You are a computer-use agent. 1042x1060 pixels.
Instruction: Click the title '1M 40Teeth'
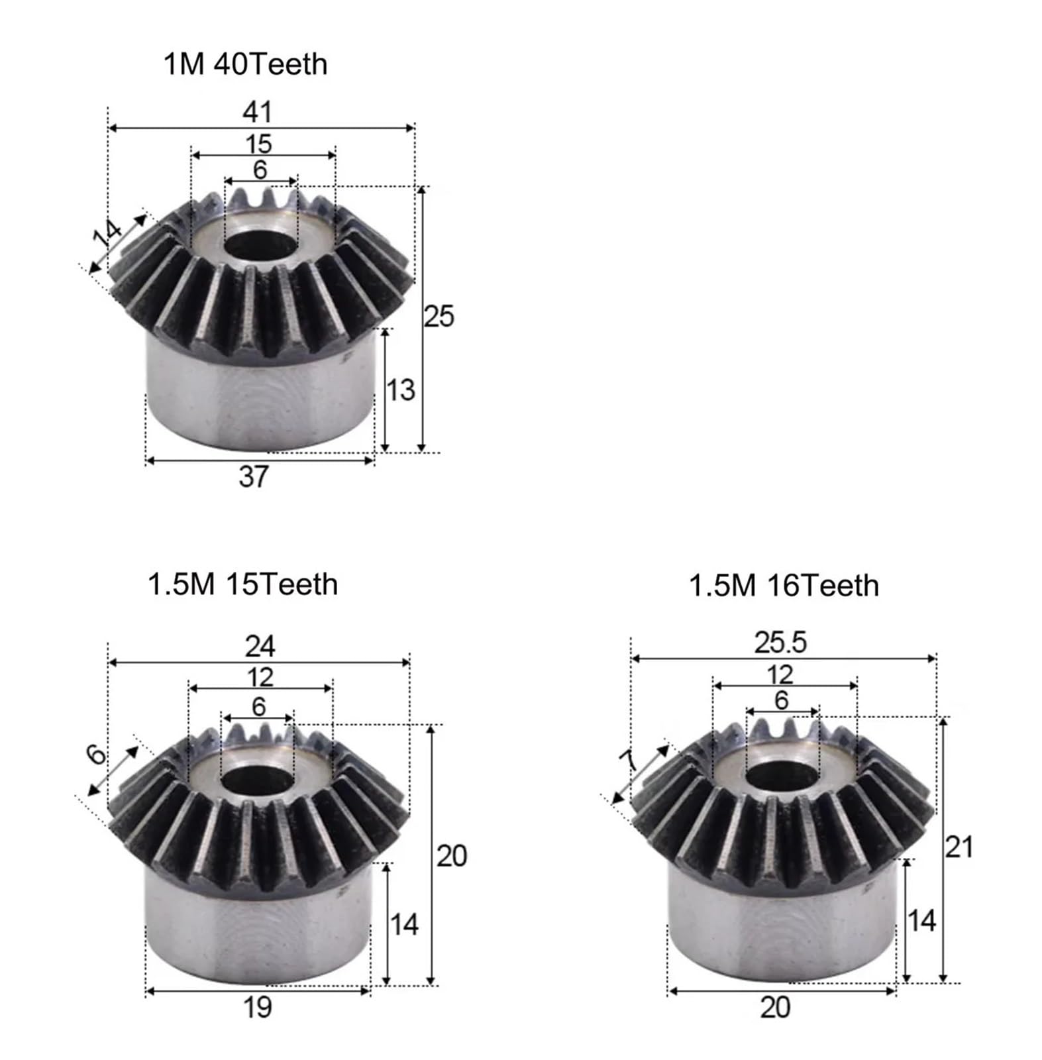tap(245, 65)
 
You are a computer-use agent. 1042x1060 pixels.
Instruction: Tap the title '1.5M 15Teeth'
tap(242, 584)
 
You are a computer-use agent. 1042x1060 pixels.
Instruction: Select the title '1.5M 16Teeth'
tap(784, 586)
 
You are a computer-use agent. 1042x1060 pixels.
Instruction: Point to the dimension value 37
tap(254, 476)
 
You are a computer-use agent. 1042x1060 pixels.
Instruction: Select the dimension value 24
tap(260, 646)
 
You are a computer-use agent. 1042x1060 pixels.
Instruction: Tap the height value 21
tap(959, 847)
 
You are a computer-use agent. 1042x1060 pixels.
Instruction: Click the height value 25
tap(439, 317)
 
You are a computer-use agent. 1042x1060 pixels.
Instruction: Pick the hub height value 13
tap(400, 390)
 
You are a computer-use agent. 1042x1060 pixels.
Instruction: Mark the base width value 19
tap(257, 1007)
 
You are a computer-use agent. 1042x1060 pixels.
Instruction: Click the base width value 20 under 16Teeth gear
tap(775, 1007)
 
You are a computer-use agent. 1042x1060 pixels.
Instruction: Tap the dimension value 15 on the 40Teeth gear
tap(258, 143)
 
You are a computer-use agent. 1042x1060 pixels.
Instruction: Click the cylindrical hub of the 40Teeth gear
tap(258, 397)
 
